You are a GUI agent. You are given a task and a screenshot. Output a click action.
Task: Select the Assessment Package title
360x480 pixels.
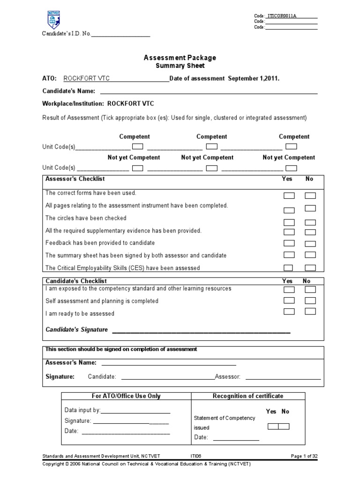180,58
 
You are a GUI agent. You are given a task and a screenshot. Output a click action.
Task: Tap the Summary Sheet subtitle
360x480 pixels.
180,66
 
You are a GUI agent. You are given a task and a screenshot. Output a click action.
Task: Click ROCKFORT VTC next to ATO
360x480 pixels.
87,78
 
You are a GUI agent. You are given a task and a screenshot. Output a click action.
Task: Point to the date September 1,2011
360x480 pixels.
254,78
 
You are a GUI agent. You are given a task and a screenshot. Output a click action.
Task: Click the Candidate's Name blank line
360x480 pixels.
208,91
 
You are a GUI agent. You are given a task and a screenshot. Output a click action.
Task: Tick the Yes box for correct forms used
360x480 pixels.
289,195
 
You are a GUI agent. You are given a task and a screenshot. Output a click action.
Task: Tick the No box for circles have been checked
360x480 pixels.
310,222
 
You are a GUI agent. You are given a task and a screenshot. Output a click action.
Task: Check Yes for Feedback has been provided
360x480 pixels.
289,243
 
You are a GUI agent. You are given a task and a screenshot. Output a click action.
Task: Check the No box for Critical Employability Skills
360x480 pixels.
310,268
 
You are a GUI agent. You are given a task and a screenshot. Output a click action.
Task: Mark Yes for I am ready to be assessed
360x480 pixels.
289,311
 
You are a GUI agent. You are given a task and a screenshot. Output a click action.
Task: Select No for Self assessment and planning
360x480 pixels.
310,300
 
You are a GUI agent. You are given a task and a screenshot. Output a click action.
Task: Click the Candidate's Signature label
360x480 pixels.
76,330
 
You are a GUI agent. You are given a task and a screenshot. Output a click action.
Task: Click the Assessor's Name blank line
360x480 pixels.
169,363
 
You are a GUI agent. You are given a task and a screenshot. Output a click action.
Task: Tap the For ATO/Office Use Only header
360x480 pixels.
126,396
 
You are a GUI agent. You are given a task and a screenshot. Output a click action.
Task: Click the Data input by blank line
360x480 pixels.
135,411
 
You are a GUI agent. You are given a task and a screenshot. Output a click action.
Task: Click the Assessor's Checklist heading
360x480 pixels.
75,179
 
